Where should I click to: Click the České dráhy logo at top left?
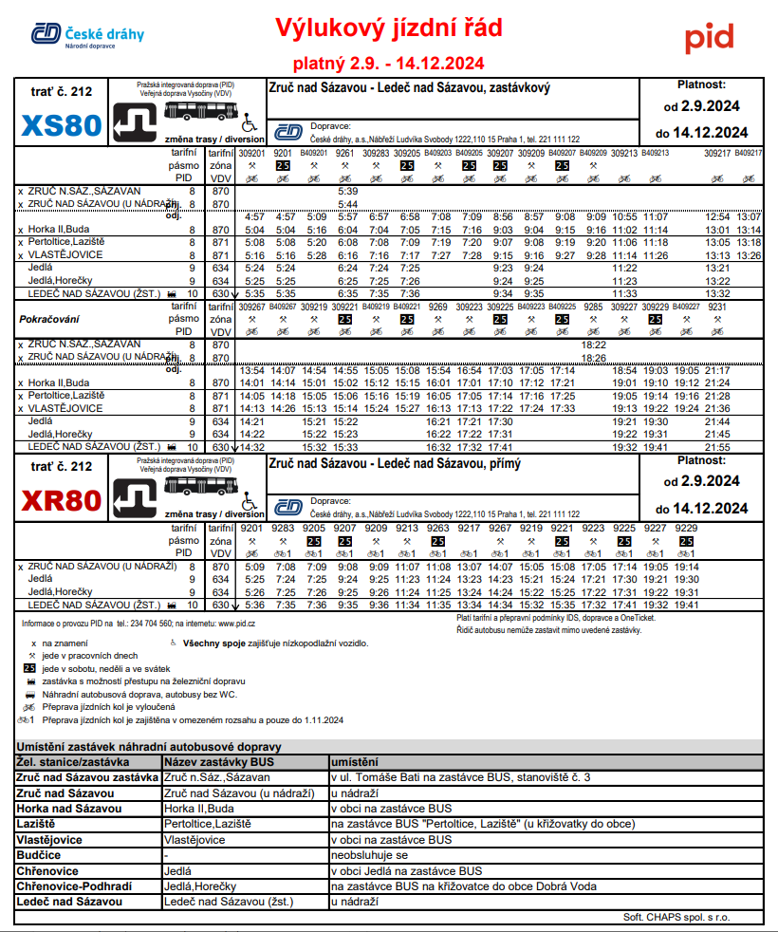tap(87, 36)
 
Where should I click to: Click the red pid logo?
tap(710, 38)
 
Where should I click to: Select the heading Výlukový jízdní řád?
tap(388, 29)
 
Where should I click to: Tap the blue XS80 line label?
tap(61, 125)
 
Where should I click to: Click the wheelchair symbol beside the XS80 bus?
tap(250, 122)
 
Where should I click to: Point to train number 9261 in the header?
tap(345, 152)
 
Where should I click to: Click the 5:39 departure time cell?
tap(347, 191)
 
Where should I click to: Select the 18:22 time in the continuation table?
tap(594, 345)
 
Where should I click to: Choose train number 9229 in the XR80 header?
tap(686, 528)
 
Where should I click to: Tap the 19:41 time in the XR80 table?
tap(686, 605)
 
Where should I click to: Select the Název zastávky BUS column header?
tap(219, 762)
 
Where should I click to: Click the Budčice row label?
tap(39, 855)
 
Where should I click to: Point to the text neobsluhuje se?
tap(368, 855)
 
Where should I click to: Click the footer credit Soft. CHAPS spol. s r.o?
tap(676, 917)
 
